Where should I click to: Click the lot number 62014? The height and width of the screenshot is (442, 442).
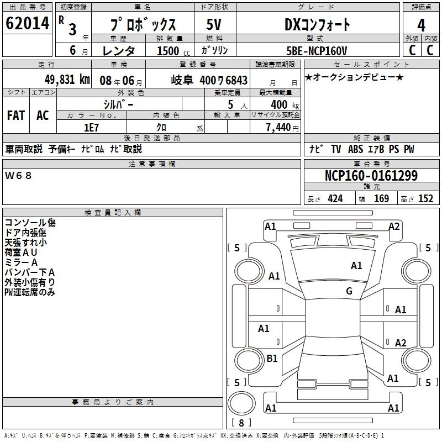27,24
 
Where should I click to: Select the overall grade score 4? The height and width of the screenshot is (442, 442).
421,25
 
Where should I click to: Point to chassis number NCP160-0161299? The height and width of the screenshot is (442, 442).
371,176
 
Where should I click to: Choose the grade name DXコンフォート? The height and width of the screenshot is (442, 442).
317,25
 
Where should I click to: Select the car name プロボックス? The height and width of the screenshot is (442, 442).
143,25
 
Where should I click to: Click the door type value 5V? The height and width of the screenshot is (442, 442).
214,25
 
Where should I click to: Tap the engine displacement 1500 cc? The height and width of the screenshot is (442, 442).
167,51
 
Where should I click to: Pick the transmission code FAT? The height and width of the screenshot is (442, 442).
15,115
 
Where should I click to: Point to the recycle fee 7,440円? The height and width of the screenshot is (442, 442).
282,128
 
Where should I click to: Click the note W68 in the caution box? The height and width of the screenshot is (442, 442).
19,176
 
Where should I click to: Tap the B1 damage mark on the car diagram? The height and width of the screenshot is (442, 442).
272,359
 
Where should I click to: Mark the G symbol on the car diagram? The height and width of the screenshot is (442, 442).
349,291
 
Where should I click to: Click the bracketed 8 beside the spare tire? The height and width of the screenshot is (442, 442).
241,423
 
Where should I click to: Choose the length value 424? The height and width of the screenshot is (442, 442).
335,199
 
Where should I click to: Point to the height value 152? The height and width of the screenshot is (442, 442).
425,199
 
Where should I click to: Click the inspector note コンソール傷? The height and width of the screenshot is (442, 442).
30,223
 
